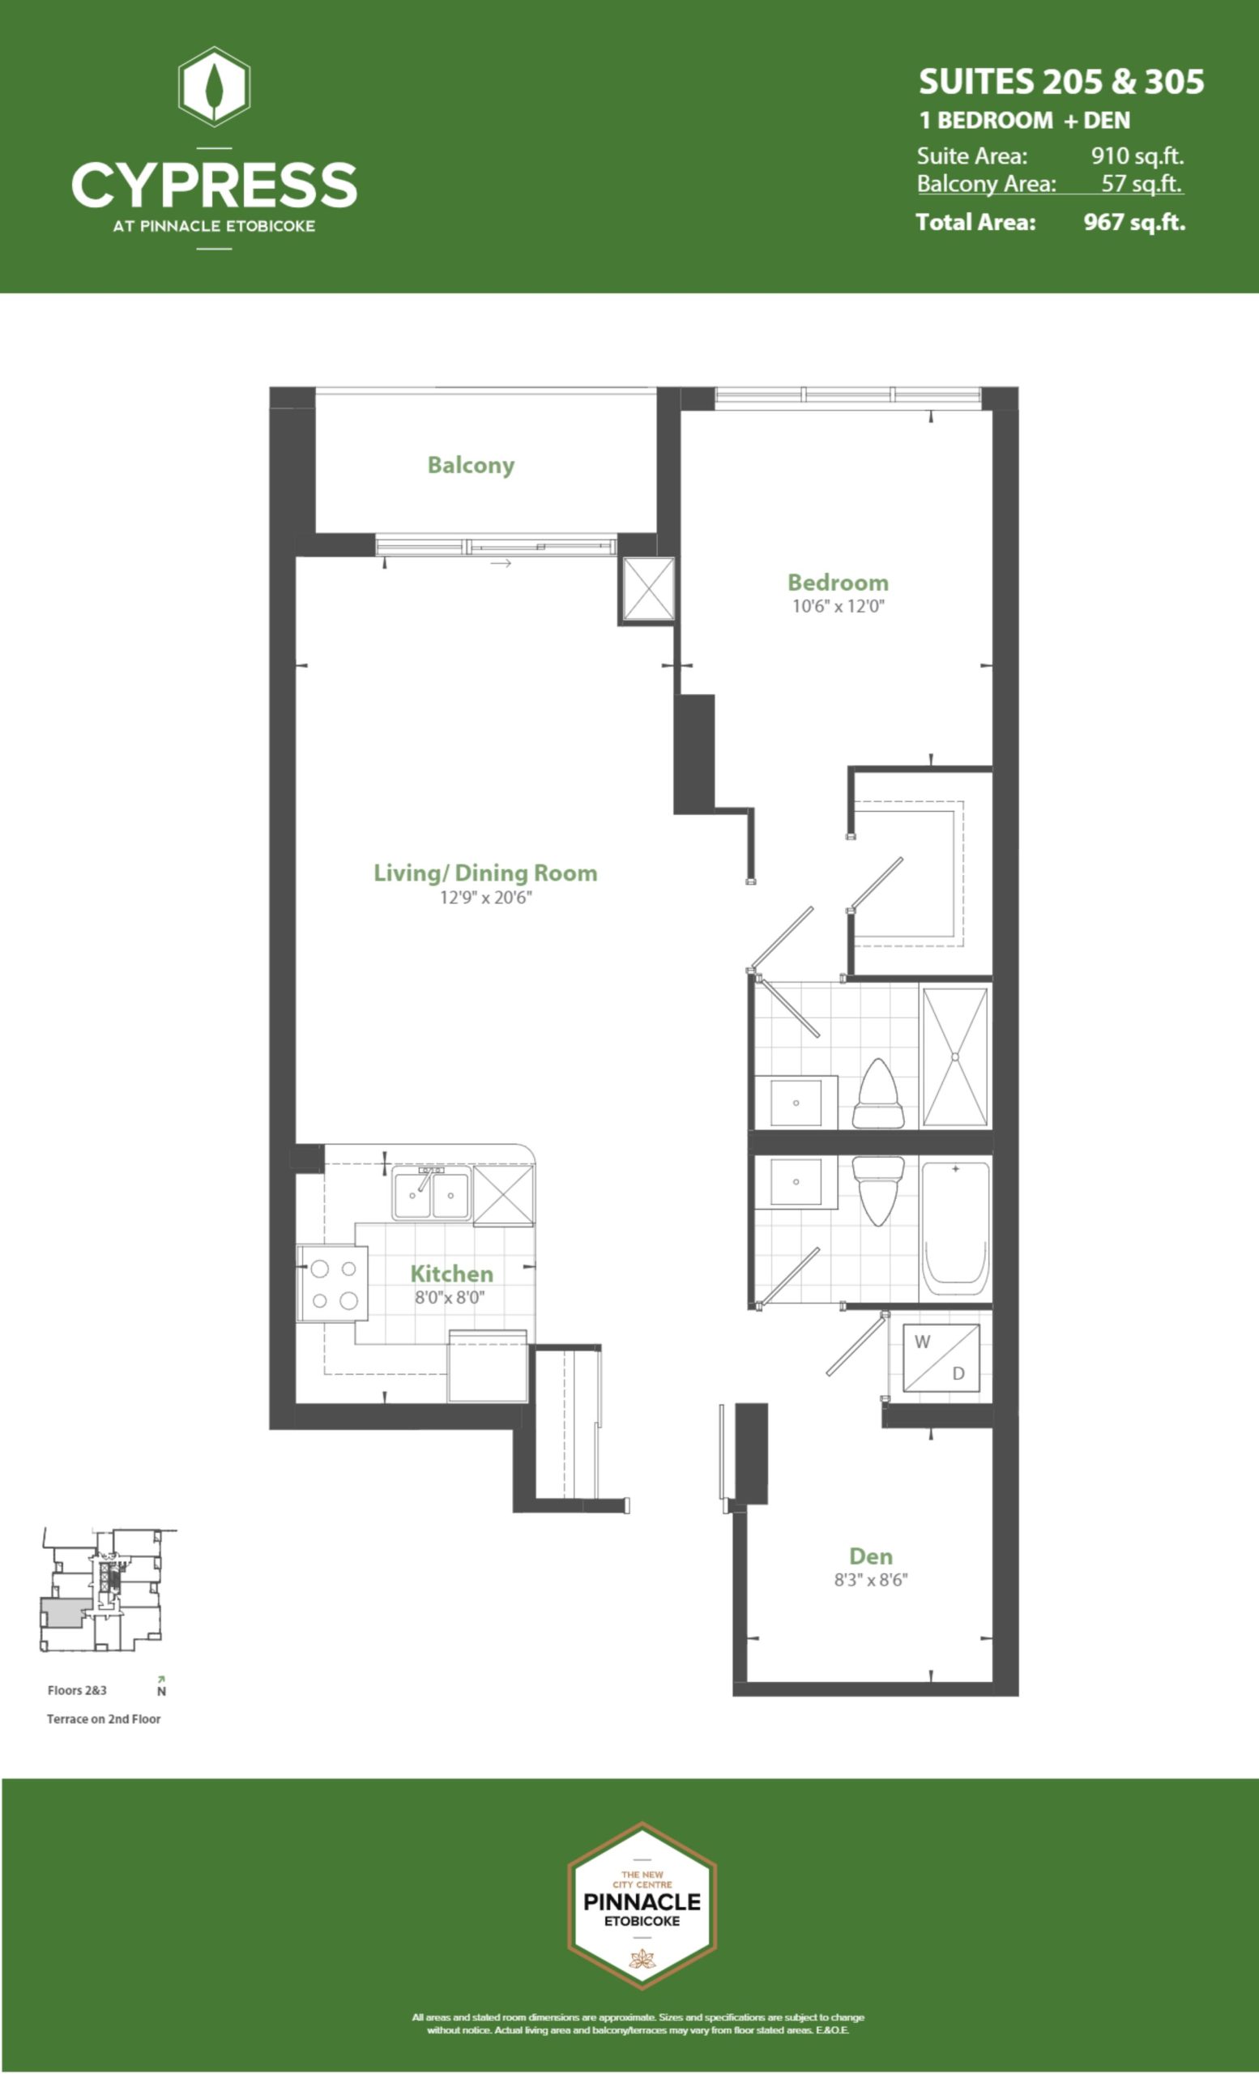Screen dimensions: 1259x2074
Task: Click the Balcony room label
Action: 471,466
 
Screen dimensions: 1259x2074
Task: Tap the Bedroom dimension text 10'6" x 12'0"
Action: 839,606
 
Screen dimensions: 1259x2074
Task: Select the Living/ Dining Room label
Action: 485,873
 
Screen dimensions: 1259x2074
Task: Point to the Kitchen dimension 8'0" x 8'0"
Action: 450,1297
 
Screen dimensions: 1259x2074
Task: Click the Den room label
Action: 871,1556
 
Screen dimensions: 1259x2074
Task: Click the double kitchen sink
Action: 431,1193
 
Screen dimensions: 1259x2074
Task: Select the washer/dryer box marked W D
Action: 941,1358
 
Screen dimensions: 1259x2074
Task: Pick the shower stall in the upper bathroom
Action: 955,1056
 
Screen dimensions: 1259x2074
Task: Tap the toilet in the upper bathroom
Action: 877,1094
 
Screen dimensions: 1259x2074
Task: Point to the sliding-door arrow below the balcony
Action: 501,563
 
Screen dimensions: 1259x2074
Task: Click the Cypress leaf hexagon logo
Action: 215,87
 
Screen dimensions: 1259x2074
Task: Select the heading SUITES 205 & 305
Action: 1061,82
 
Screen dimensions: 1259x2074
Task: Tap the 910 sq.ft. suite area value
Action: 1137,156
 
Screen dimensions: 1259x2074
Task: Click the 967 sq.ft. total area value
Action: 1134,222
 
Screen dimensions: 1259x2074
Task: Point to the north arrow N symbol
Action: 160,1686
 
